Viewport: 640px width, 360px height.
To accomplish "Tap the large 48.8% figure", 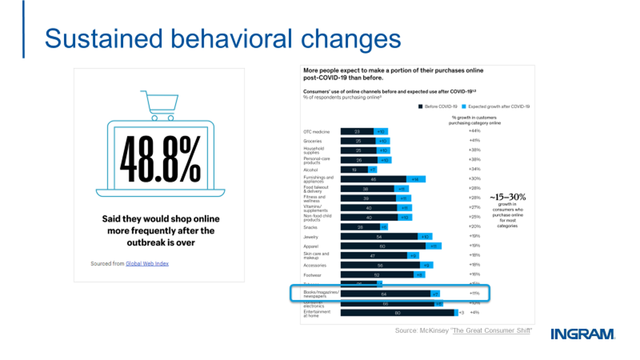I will (x=161, y=159).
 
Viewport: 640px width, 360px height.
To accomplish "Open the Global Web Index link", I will (x=147, y=263).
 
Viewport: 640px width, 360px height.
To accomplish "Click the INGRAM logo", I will (x=582, y=334).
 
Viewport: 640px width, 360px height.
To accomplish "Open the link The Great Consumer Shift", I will (x=491, y=331).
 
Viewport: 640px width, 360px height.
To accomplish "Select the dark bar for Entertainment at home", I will (x=397, y=313).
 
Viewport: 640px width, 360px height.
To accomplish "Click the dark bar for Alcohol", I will (x=354, y=170).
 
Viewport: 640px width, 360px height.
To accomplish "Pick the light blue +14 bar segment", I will (x=415, y=180).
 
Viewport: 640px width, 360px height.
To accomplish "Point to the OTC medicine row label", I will (x=316, y=132).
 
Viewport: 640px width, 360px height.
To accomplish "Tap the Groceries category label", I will (x=313, y=141).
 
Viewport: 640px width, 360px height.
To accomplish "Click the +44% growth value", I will (x=474, y=131).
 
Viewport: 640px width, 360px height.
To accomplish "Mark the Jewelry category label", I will (x=310, y=236).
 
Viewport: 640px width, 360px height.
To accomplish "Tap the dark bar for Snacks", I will (x=360, y=227).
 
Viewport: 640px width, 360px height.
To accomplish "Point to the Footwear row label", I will (x=312, y=275).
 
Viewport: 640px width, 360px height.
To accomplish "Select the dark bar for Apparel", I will (x=383, y=246).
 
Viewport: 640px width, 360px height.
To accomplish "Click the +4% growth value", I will (x=474, y=313).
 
